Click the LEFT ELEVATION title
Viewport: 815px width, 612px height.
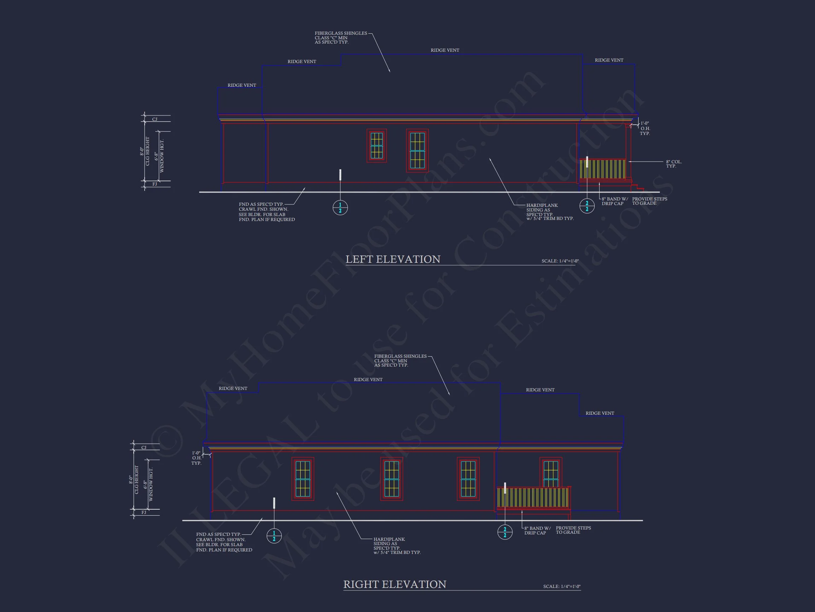click(393, 259)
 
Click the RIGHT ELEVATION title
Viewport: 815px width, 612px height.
click(395, 584)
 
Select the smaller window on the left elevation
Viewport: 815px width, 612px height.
click(377, 145)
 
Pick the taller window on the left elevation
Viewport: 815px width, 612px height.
click(417, 151)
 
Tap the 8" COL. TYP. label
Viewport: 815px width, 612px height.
click(674, 164)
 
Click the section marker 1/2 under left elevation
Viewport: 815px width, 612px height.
click(340, 208)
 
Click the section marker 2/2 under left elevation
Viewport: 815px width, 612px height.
click(587, 206)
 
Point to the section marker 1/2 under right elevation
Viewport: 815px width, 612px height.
click(274, 536)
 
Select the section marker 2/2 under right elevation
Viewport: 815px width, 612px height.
click(505, 532)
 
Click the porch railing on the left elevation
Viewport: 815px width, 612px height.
click(602, 169)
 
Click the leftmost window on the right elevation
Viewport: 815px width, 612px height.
click(302, 479)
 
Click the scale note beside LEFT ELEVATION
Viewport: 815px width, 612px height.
click(560, 261)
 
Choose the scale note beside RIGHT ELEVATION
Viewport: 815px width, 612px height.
click(561, 586)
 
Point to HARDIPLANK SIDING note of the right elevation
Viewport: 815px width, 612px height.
click(397, 546)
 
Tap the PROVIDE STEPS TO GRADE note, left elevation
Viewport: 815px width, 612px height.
click(649, 201)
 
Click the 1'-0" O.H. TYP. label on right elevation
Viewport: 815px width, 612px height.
click(196, 458)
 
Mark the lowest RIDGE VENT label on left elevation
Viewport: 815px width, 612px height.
click(242, 85)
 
